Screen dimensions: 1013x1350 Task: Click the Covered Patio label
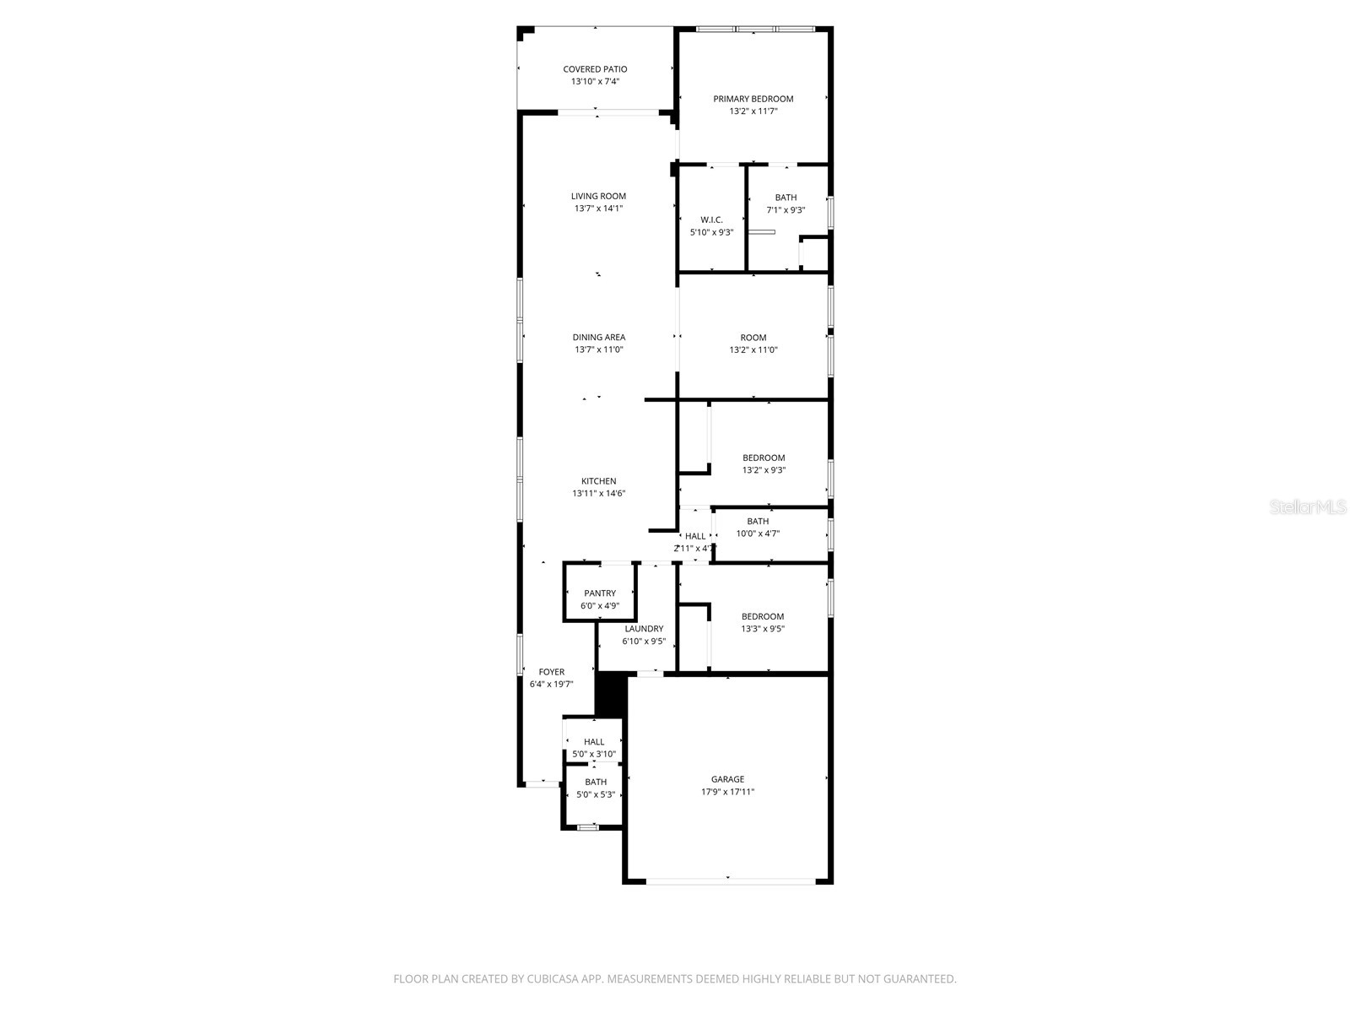click(595, 69)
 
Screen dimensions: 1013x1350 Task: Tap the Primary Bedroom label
click(753, 99)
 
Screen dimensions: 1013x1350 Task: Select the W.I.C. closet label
click(711, 219)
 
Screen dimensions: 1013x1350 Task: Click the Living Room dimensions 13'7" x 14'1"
click(598, 209)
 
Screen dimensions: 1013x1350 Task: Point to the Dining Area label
click(598, 338)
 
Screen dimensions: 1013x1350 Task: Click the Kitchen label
click(598, 481)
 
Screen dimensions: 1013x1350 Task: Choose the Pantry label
click(599, 593)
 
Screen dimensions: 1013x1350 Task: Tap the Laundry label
click(644, 629)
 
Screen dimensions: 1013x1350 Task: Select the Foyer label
click(551, 672)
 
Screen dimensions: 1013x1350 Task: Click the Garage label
click(727, 779)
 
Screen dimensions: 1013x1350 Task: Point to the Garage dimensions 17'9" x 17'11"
click(727, 792)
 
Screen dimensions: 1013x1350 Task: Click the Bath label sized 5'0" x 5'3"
click(596, 782)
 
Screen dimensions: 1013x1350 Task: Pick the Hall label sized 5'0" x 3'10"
click(594, 742)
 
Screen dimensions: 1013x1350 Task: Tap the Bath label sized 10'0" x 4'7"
click(758, 522)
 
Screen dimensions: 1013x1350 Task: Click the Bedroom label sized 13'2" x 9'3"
click(764, 458)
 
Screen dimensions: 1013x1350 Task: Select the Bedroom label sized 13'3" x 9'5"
click(763, 616)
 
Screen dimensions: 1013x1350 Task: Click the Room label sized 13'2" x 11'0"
click(753, 338)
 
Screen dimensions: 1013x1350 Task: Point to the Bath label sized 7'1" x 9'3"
click(786, 198)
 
